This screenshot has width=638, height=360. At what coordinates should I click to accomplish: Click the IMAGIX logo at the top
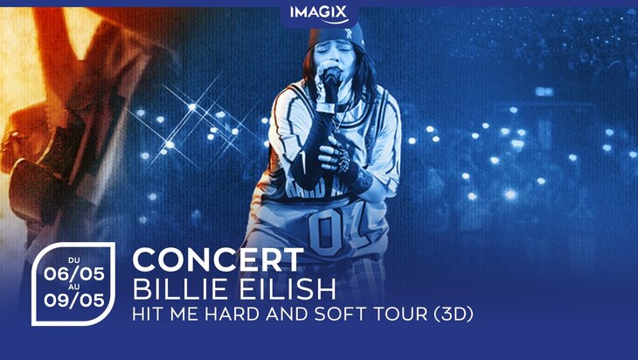[318, 12]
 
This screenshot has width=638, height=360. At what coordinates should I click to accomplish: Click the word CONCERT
[218, 260]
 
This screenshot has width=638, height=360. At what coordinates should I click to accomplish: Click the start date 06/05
[74, 273]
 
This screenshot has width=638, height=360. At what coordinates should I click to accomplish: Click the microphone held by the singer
[330, 80]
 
